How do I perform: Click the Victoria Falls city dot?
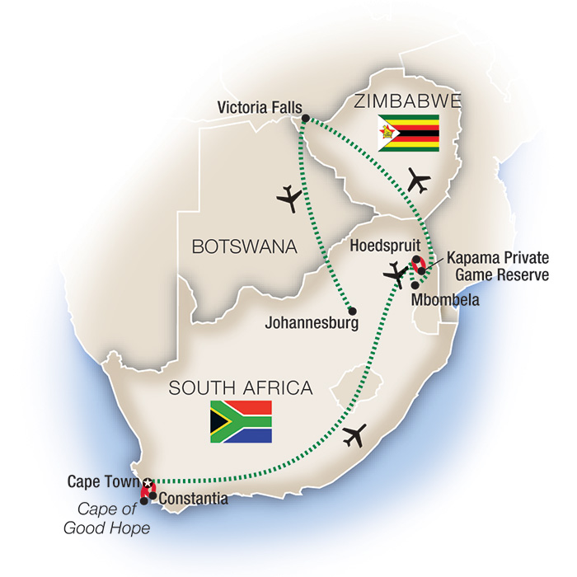coord(305,119)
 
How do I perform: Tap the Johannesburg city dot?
coord(352,311)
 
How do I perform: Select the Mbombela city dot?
coord(414,285)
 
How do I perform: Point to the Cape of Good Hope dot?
coord(144,500)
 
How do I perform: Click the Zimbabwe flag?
coord(409,133)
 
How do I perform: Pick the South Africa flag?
coord(241,421)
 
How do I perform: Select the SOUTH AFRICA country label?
coord(240,387)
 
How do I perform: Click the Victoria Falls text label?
coord(258,106)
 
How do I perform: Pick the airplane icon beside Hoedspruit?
coord(397,273)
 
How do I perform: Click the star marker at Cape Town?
coord(148,482)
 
